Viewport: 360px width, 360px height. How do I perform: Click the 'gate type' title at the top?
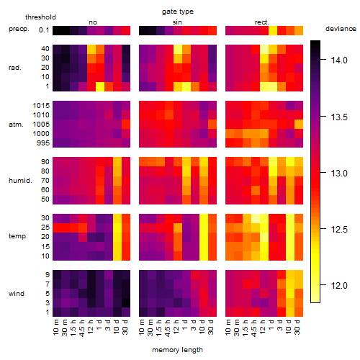178,12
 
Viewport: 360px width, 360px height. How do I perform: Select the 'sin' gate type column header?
177,22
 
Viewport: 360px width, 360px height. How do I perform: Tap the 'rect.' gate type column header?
261,22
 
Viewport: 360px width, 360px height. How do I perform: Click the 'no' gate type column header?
93,22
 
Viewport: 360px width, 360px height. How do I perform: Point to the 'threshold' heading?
40,17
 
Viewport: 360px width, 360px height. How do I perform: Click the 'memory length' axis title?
177,350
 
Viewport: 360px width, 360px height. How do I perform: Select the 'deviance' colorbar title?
341,29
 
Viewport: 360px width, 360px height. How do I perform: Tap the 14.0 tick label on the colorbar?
339,60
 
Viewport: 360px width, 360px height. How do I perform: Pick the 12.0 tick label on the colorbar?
339,286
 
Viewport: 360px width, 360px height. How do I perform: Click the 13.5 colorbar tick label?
339,117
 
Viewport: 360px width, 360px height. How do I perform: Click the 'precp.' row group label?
19,29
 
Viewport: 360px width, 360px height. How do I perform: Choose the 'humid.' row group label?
20,181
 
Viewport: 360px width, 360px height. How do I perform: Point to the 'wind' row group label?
17,294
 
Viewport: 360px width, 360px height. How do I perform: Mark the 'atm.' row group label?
16,125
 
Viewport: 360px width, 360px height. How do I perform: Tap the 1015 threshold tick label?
41,106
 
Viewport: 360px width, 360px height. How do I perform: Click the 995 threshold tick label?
43,143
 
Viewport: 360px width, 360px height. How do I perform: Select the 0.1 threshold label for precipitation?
44,30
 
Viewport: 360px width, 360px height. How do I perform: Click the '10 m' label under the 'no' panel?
56,328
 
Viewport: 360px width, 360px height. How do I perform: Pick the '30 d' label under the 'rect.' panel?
297,328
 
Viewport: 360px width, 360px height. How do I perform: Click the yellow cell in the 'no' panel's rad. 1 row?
100,86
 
